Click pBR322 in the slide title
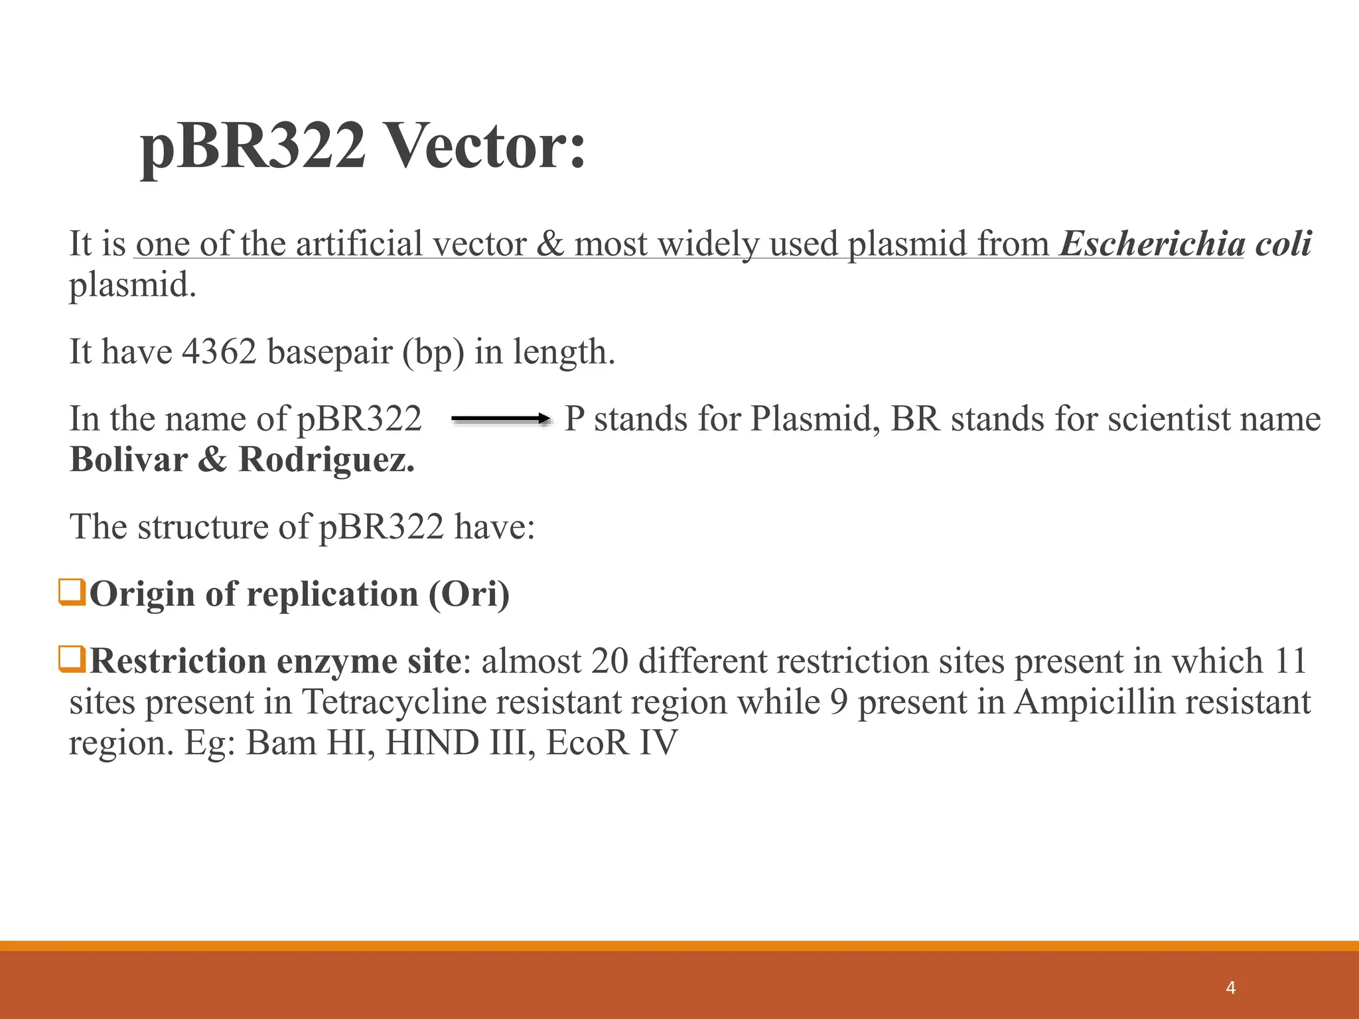click(253, 147)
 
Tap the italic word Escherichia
click(1152, 243)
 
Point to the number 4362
click(219, 352)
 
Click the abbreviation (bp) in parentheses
click(433, 352)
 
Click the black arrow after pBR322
click(501, 419)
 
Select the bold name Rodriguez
click(326, 460)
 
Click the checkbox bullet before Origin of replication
click(72, 592)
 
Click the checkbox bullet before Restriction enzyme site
click(72, 659)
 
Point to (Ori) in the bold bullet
click(468, 594)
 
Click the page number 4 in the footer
click(1231, 988)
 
